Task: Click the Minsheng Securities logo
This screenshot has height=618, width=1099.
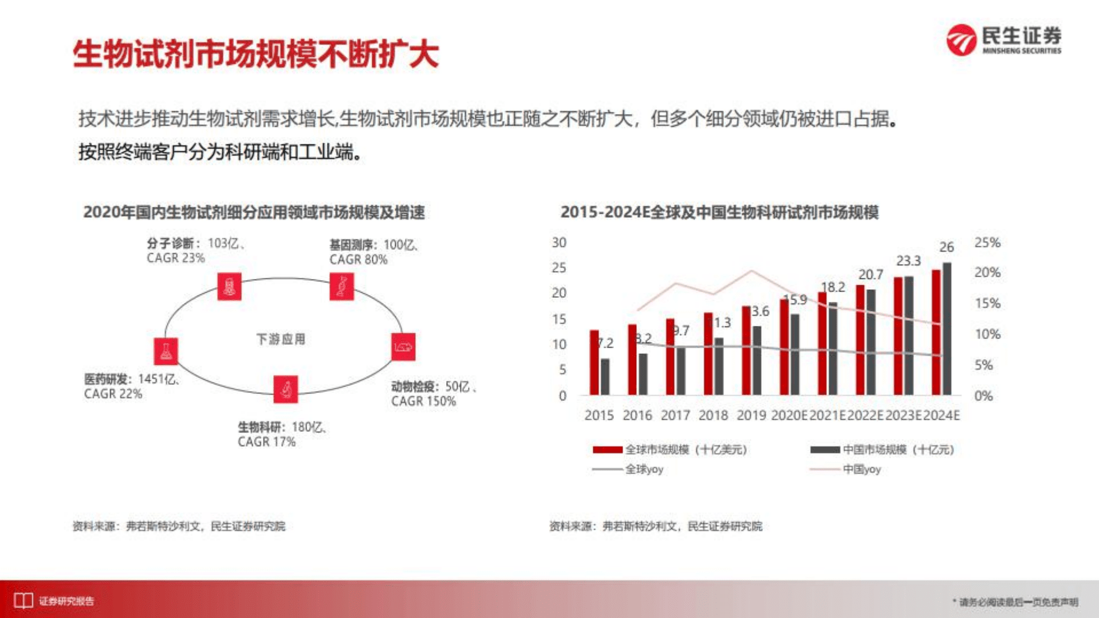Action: (x=1003, y=40)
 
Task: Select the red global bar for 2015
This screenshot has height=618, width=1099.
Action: (x=594, y=363)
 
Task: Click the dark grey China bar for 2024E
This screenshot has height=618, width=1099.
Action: (x=947, y=329)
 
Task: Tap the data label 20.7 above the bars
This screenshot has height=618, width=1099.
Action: (x=870, y=275)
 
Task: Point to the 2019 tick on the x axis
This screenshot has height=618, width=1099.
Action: (x=751, y=415)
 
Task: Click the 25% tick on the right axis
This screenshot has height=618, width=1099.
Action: (x=987, y=243)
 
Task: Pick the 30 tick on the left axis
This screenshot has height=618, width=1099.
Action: (x=559, y=243)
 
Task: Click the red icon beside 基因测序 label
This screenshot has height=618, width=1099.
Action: (x=342, y=286)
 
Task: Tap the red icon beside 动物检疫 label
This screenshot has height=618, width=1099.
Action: (x=403, y=347)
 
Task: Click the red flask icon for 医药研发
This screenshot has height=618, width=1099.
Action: (x=166, y=351)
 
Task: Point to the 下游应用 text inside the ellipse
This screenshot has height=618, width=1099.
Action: (x=281, y=339)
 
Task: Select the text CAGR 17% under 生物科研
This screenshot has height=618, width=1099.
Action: (x=266, y=442)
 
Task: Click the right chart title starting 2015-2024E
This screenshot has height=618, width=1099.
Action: (x=719, y=212)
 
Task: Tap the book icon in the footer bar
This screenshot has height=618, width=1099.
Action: (x=23, y=601)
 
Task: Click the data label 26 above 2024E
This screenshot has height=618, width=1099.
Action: (x=946, y=247)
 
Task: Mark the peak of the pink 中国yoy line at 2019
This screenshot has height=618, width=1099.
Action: (x=751, y=271)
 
